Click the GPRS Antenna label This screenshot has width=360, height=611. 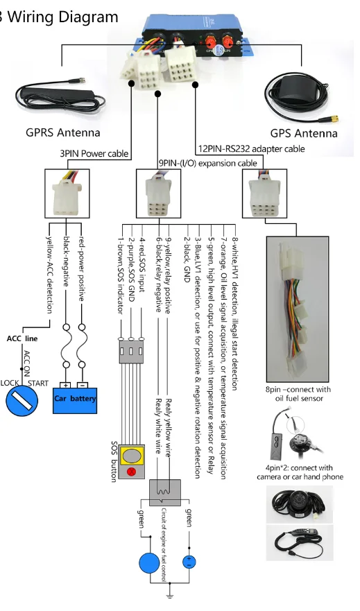[62, 132]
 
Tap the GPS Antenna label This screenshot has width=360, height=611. [304, 133]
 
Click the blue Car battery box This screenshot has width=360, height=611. [75, 400]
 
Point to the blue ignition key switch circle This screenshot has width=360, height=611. [22, 401]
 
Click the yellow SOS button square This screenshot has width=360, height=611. [132, 456]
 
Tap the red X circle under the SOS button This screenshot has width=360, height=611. [132, 472]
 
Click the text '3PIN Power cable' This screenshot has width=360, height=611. [94, 153]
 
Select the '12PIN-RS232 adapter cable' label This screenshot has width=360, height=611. [252, 148]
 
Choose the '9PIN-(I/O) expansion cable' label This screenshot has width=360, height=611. [207, 163]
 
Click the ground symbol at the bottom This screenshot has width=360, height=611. [169, 595]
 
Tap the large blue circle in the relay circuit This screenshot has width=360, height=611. [149, 563]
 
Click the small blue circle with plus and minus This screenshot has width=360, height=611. [189, 562]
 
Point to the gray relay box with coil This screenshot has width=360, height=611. [165, 492]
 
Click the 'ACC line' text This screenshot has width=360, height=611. [22, 338]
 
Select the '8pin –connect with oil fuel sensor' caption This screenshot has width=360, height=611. [298, 393]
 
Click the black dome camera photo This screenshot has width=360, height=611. [299, 504]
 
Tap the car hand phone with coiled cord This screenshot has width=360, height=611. [299, 542]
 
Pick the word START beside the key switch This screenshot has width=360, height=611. [38, 383]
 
